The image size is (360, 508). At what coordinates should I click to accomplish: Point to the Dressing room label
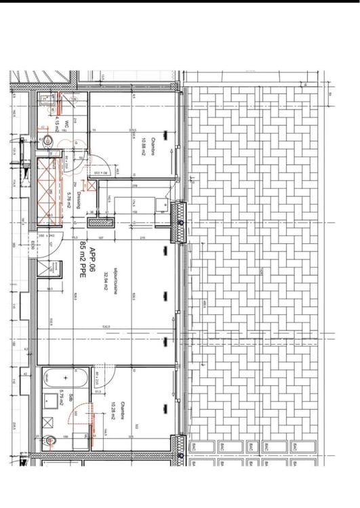click(x=79, y=200)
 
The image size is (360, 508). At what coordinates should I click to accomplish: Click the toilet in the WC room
click(x=47, y=140)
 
